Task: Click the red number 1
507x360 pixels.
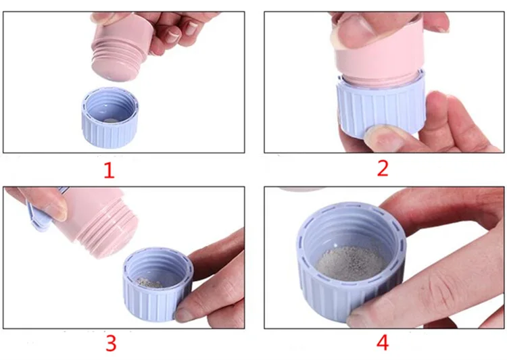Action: (109, 170)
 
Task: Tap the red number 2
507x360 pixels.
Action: (383, 168)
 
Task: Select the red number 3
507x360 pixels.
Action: (111, 343)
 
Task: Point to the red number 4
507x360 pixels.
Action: (383, 342)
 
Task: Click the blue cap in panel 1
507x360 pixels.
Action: (110, 118)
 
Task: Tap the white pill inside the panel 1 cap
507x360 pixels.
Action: (112, 120)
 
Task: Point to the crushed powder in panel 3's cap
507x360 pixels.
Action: (149, 283)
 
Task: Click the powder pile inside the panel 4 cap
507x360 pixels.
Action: (352, 263)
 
